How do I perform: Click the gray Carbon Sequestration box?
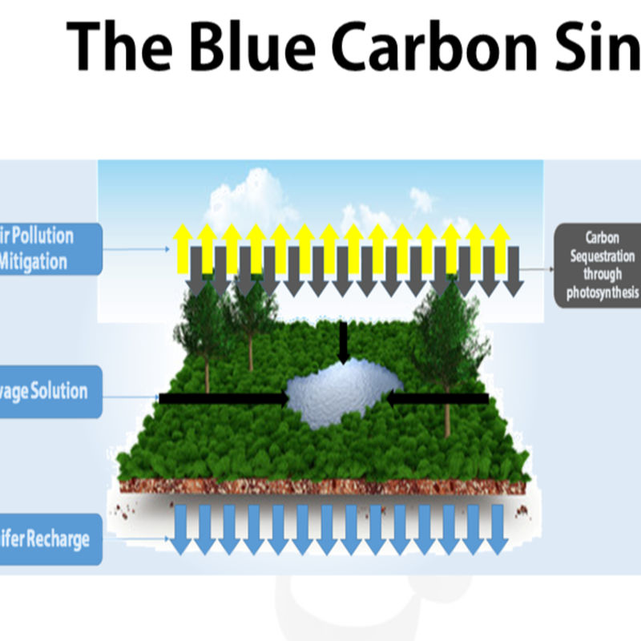coord(599,264)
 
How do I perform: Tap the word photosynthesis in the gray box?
coord(602,292)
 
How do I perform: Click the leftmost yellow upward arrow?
coord(183,244)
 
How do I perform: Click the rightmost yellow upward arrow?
coord(500,244)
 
